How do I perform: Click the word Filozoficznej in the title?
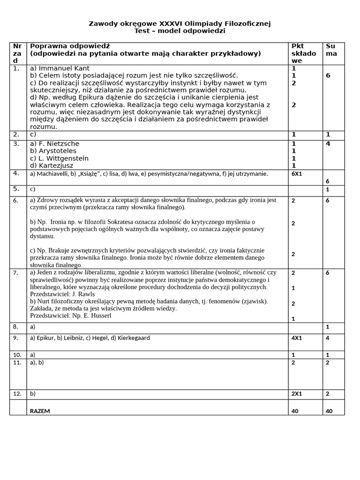[x=248, y=23]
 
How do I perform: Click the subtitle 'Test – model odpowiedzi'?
[x=180, y=31]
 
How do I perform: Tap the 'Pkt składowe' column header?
[x=303, y=53]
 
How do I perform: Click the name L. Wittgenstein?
[x=63, y=158]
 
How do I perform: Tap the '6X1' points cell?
[x=298, y=174]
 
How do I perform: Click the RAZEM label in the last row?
[x=40, y=411]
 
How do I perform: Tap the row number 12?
[x=17, y=394]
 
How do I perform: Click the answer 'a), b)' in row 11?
[x=37, y=362]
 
